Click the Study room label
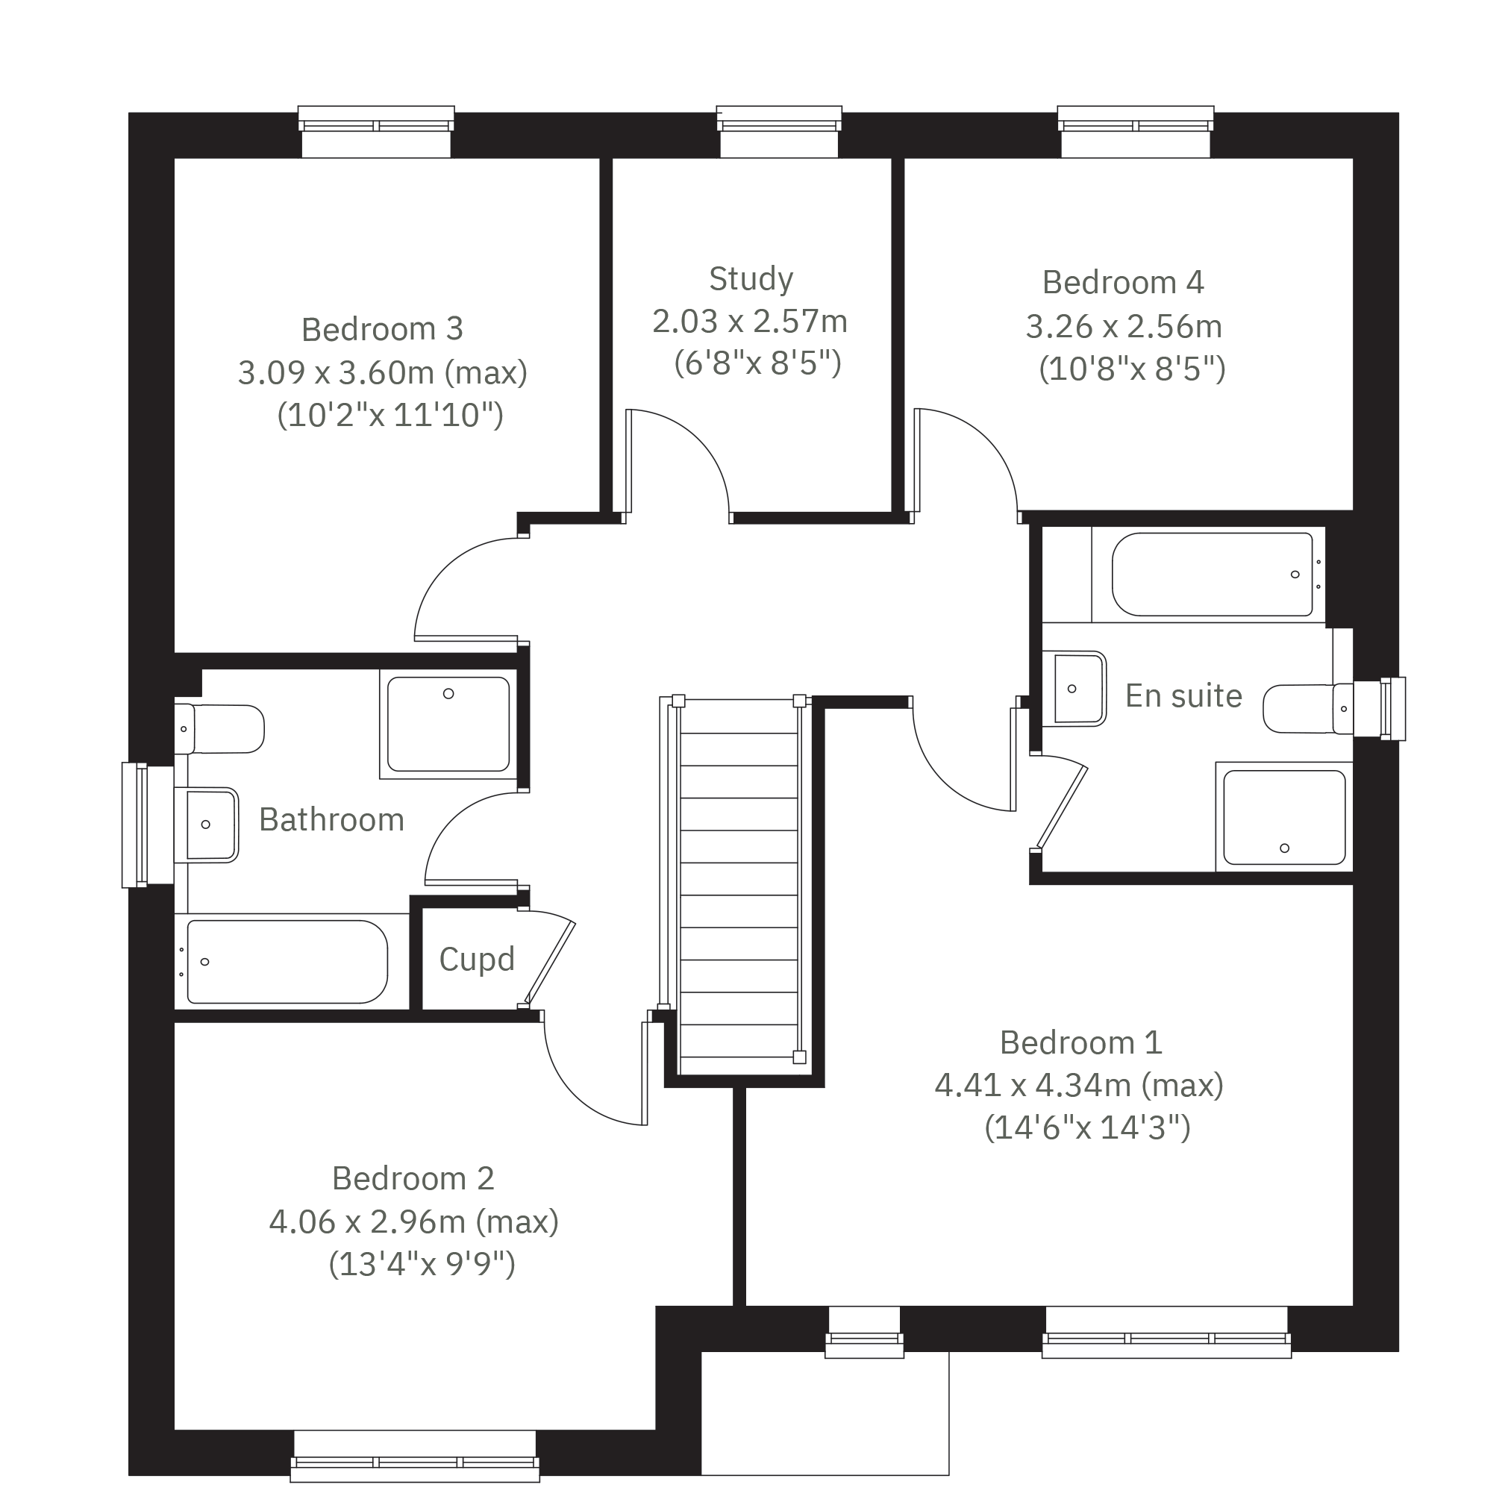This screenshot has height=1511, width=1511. [x=751, y=279]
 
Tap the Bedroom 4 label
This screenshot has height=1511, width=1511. [x=1123, y=282]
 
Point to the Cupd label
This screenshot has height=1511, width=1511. [x=477, y=960]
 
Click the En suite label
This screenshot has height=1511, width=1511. [x=1183, y=696]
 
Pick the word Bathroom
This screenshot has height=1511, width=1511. [x=331, y=819]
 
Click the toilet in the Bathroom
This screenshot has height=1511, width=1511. [x=219, y=729]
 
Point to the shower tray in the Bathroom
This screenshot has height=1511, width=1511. [x=448, y=725]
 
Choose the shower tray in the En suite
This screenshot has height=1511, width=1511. [x=1284, y=816]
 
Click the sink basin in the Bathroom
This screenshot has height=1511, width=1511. [x=206, y=825]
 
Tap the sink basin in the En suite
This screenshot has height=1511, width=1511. [x=1074, y=688]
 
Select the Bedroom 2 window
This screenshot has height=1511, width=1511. [x=416, y=1456]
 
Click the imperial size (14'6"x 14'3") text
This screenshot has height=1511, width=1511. [x=1087, y=1127]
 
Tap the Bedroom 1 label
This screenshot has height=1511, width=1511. [x=1081, y=1042]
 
